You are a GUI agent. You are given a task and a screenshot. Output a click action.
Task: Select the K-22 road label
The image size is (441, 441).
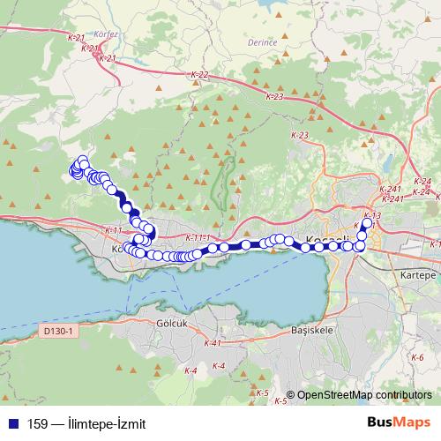(x=198, y=76)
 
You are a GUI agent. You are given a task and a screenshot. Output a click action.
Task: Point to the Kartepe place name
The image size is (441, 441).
(x=418, y=275)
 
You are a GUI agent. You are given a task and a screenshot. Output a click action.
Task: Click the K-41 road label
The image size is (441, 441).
(x=211, y=343)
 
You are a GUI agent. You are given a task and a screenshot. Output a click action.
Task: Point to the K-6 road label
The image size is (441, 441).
(x=417, y=357)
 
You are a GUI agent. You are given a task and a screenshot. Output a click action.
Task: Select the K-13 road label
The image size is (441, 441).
(x=371, y=216)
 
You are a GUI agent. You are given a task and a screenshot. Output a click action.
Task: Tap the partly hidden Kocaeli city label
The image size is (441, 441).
(x=326, y=239)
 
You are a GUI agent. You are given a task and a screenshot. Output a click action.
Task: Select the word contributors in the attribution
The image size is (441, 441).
(x=407, y=395)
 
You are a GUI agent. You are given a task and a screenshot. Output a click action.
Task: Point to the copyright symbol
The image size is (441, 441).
(x=291, y=395)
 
